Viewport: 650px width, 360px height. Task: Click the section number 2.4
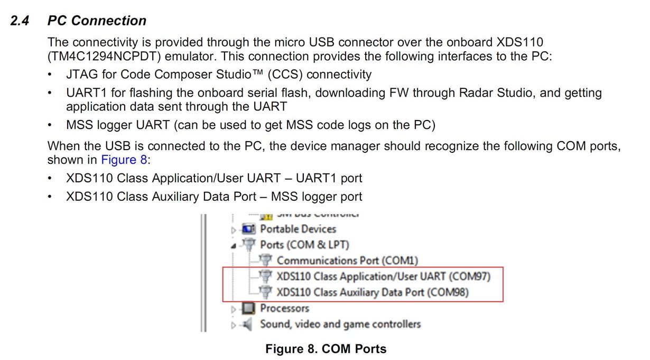(20, 21)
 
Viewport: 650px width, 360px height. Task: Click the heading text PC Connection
(97, 21)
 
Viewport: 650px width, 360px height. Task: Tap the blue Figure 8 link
(124, 160)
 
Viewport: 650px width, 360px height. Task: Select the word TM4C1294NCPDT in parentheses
(104, 57)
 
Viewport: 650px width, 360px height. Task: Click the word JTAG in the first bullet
(82, 75)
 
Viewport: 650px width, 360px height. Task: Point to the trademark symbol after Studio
(257, 72)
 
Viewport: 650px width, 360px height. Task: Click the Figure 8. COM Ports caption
(326, 349)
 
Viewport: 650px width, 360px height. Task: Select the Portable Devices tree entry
(298, 229)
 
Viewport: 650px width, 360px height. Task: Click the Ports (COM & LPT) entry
(304, 245)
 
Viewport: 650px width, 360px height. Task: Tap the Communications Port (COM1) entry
(347, 261)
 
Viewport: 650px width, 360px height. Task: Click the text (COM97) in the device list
(470, 276)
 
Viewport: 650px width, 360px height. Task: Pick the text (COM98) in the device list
(448, 292)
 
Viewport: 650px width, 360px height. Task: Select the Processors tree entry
(284, 308)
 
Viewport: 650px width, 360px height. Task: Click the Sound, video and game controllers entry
(340, 324)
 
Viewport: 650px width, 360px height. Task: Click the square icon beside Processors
(248, 308)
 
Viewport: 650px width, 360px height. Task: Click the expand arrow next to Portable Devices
(233, 230)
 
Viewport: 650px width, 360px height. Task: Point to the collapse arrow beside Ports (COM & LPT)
(233, 246)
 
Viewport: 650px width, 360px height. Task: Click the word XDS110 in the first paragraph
(519, 42)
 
